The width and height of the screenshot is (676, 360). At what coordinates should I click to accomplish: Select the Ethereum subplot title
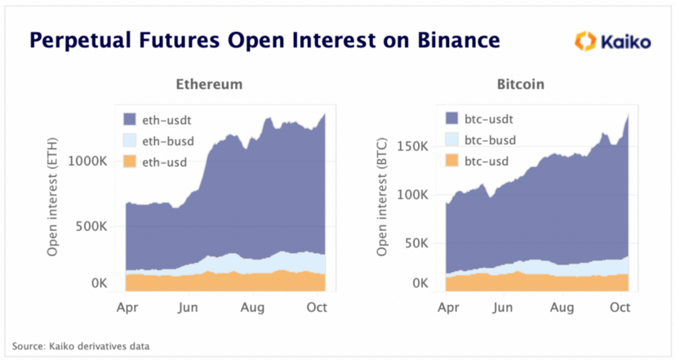coord(209,84)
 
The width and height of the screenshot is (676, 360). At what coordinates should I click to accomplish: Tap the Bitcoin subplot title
coord(520,84)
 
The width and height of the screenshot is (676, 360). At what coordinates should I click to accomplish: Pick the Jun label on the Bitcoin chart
coord(503,308)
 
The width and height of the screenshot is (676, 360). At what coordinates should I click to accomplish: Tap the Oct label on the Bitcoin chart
coord(620,308)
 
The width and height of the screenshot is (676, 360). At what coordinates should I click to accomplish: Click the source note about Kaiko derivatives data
coord(81,346)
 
